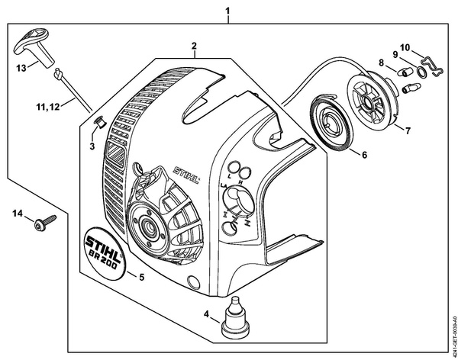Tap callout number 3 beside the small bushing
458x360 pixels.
[92, 145]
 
